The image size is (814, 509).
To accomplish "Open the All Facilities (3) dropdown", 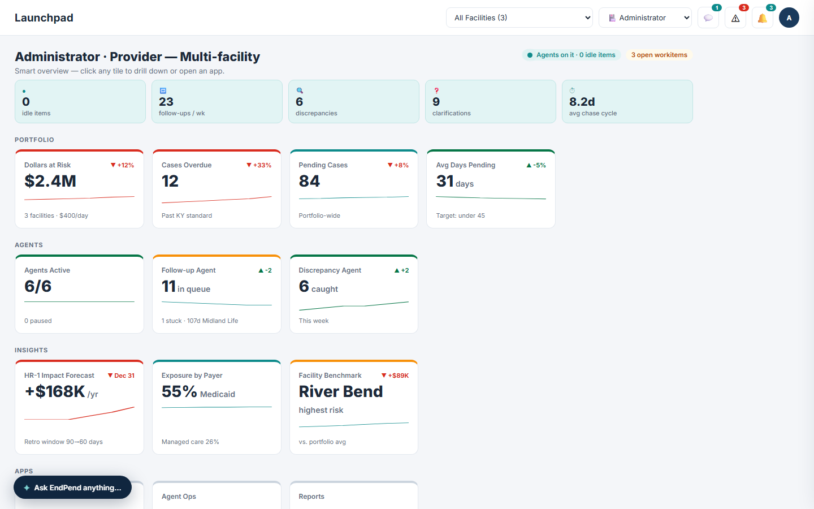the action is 519,18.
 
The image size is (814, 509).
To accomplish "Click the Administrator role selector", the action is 645,18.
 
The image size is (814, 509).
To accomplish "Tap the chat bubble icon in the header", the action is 708,18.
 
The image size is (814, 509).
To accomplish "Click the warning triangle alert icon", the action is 735,18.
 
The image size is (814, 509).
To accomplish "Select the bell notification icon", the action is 763,18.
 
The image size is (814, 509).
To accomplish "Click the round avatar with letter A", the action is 789,18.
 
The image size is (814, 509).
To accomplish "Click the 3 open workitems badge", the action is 659,55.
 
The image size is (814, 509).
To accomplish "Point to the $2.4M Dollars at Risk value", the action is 50,181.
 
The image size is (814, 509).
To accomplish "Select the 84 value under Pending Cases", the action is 309,181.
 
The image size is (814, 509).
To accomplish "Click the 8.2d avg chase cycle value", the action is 582,101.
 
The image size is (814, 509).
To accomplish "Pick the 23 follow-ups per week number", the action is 166,101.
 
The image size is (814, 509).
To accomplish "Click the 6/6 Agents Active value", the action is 38,286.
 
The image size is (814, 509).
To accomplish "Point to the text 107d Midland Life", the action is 213,321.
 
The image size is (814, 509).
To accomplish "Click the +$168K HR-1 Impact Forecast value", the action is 55,391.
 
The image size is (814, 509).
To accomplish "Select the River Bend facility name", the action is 341,391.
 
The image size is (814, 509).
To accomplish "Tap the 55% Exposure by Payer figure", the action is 179,391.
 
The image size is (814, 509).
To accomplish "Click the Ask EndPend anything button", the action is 73,488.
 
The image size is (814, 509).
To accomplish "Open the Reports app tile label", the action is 311,497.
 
